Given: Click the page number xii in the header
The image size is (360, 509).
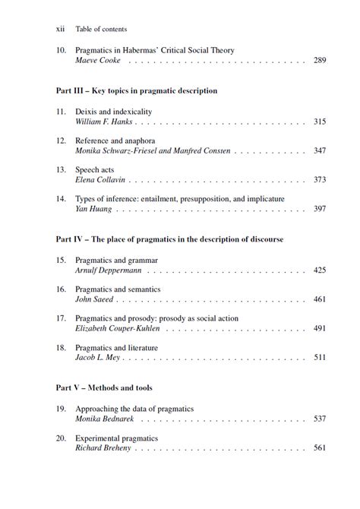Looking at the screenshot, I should pos(61,29).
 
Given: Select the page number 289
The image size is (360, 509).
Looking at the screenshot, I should pos(319,60).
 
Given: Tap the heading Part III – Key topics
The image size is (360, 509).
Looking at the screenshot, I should pos(137,90).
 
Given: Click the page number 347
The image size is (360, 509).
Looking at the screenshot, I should pos(319,151).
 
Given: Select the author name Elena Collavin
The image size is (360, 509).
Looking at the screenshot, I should pos(101,180).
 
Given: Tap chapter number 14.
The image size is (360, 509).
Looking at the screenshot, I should pos(61,198).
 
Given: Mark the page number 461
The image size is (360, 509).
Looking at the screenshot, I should pos(319,299).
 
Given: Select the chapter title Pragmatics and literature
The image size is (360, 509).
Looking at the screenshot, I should pos(117,346).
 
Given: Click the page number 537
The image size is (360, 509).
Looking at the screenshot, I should pos(319,419).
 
